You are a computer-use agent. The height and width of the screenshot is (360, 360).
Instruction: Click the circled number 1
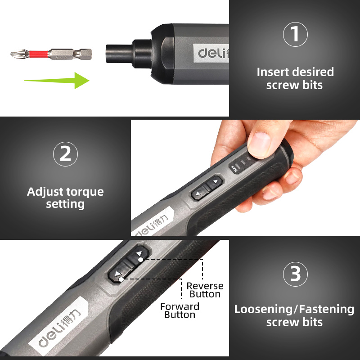(295, 34)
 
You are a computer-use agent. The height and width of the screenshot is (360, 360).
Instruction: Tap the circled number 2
(65, 154)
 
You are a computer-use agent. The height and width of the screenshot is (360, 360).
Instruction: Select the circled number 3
(295, 274)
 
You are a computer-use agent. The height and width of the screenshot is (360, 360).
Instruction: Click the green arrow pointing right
(57, 81)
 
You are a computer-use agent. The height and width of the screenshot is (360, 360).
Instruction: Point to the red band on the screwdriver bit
(39, 54)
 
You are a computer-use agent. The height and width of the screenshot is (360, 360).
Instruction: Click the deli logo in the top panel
(213, 53)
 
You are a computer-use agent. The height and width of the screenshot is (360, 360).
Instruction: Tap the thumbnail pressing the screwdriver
(260, 144)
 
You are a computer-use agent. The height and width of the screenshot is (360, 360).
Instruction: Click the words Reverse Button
(205, 290)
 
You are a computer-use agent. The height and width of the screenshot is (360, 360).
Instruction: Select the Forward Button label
(180, 310)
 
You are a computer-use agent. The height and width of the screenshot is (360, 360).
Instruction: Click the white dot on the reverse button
(140, 260)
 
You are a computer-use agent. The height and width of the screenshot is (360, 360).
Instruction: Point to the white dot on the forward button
(121, 279)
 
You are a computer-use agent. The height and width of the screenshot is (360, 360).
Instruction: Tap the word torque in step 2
(85, 192)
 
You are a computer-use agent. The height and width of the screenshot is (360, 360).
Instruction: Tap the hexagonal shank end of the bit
(86, 54)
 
